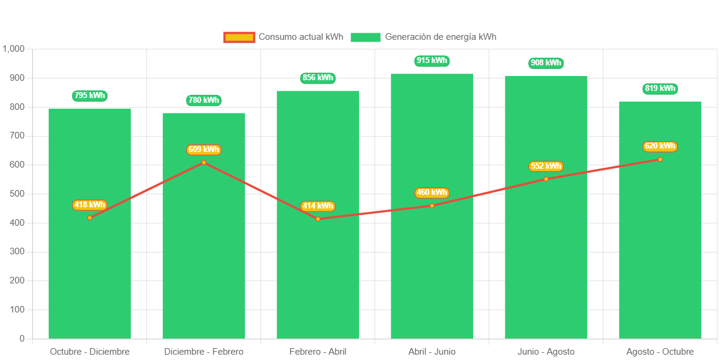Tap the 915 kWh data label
click(x=432, y=61)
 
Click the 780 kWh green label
click(x=204, y=100)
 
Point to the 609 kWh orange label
click(x=204, y=150)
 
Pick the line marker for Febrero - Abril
click(x=318, y=219)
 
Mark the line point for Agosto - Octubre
click(x=660, y=159)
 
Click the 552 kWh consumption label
click(x=546, y=166)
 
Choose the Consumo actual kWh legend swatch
click(x=239, y=37)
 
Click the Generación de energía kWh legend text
click(x=440, y=37)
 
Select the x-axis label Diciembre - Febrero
click(x=204, y=352)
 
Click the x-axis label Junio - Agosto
click(x=546, y=352)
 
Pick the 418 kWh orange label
click(x=90, y=205)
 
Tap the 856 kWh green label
click(x=318, y=78)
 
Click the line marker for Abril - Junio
click(x=432, y=206)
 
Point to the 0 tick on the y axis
click(x=22, y=339)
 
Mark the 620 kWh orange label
click(x=660, y=146)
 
